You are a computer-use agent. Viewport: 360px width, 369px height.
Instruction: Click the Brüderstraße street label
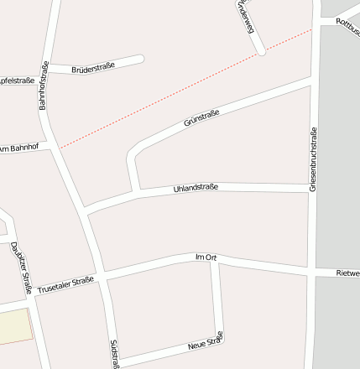tap(93, 66)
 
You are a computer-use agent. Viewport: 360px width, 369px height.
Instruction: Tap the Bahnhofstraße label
tap(44, 86)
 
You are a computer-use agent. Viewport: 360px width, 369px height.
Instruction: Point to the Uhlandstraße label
tap(196, 188)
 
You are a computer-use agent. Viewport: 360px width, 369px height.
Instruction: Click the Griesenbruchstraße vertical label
tap(313, 160)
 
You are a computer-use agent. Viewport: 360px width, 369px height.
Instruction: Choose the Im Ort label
tap(206, 257)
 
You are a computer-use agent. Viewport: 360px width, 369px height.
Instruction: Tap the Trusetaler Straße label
tap(65, 285)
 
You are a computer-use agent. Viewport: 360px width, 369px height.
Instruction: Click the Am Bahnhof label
tap(19, 148)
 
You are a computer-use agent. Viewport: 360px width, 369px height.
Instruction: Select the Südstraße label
tap(114, 353)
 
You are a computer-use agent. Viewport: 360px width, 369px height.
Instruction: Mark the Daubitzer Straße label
tap(21, 268)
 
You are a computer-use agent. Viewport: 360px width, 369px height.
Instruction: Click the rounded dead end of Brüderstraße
tap(139, 59)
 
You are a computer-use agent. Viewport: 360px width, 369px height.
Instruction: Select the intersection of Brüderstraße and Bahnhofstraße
tap(48, 73)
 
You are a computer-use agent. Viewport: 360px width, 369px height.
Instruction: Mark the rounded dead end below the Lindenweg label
tap(262, 50)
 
